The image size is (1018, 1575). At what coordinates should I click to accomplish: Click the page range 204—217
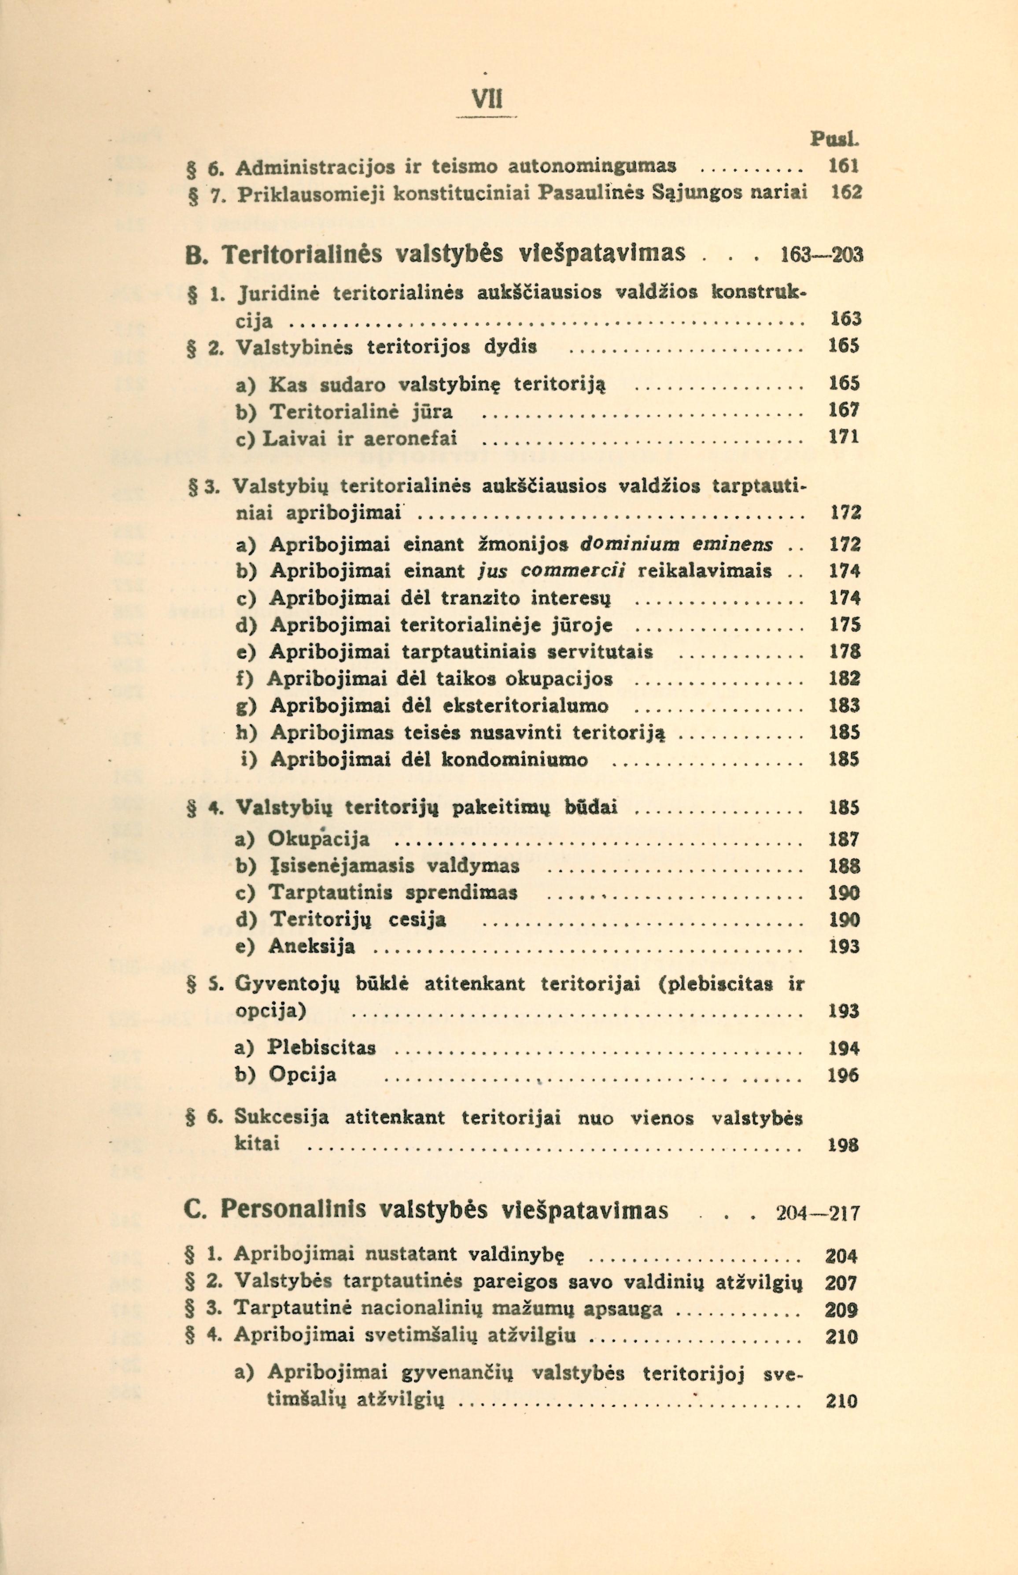point(817,1214)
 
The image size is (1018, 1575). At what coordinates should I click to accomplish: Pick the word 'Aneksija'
point(312,947)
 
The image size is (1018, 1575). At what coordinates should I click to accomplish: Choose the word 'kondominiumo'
point(514,760)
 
